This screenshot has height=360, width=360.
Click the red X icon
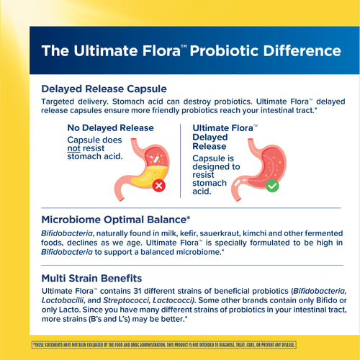click(x=159, y=186)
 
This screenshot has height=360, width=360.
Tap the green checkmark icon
click(x=272, y=185)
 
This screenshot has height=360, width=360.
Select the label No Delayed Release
click(x=110, y=128)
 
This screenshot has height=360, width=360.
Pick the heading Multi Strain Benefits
click(x=91, y=277)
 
